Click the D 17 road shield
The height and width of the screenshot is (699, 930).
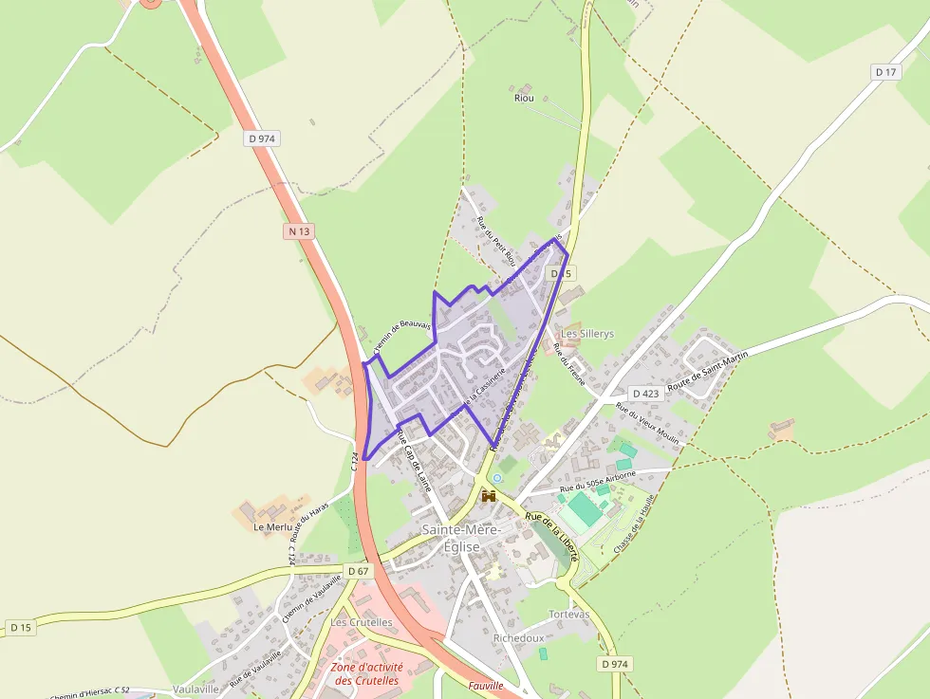click(x=885, y=72)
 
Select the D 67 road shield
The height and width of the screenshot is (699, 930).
click(x=358, y=571)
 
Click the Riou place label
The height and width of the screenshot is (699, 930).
click(x=524, y=98)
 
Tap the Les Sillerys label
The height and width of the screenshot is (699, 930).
click(x=587, y=334)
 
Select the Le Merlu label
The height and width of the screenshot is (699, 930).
click(x=272, y=525)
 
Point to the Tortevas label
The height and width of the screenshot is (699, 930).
click(x=568, y=615)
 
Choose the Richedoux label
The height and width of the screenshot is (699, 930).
click(x=519, y=638)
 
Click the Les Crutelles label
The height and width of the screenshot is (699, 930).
click(x=362, y=622)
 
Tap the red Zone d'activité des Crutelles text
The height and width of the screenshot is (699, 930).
click(x=367, y=673)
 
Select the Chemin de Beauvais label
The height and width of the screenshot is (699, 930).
click(x=402, y=336)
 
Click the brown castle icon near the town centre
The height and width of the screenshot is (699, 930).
click(x=490, y=496)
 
